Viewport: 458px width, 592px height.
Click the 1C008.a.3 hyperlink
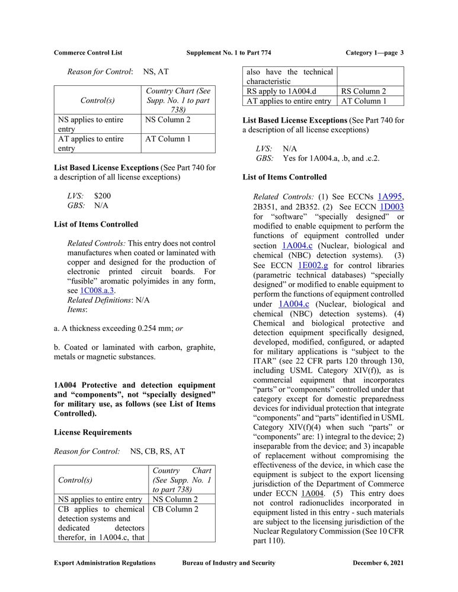pos(97,290)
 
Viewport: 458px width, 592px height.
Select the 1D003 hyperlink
pos(392,207)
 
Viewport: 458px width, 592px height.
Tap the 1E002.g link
pos(313,265)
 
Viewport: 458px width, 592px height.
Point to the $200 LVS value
pos(102,195)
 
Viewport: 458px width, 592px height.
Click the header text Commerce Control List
pos(88,53)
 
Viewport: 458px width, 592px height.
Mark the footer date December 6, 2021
pos(378,563)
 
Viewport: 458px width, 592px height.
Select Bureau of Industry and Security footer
pos(229,563)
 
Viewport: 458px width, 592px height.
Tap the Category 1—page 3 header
pos(374,53)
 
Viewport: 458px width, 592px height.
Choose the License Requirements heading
pos(92,432)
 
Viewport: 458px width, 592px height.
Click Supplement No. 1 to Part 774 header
pos(229,53)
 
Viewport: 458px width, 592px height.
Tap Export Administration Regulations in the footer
pos(105,563)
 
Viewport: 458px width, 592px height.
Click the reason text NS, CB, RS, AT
pos(157,451)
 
